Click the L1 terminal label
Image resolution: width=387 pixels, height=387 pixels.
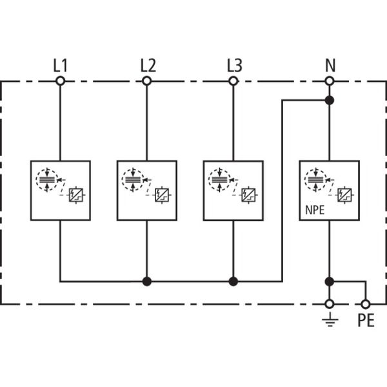[61, 65]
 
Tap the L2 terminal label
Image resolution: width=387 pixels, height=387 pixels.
[148, 65]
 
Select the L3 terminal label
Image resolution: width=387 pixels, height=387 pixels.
[234, 65]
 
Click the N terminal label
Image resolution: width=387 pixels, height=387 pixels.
[330, 65]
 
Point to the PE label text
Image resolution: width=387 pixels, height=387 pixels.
[365, 320]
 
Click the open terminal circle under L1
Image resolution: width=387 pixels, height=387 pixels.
[60, 81]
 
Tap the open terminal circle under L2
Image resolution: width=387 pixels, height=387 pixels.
[147, 81]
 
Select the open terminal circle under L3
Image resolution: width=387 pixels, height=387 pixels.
[233, 81]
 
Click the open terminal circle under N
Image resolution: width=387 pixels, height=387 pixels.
[330, 81]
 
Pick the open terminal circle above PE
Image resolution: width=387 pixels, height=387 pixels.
[365, 303]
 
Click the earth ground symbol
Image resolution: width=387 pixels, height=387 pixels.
[330, 319]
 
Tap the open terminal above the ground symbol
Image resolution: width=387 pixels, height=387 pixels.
[330, 303]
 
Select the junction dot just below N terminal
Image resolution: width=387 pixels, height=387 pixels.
[330, 100]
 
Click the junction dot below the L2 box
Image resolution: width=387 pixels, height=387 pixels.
[147, 281]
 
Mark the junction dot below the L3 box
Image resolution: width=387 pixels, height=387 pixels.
[233, 281]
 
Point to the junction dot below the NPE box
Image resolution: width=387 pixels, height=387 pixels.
[330, 281]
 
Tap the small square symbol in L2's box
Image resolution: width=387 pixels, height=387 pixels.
[163, 193]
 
